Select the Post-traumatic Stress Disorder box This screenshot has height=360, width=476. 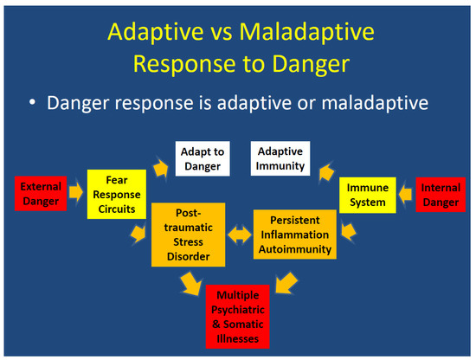[188, 235]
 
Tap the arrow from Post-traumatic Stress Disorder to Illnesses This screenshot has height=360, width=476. [188, 281]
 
